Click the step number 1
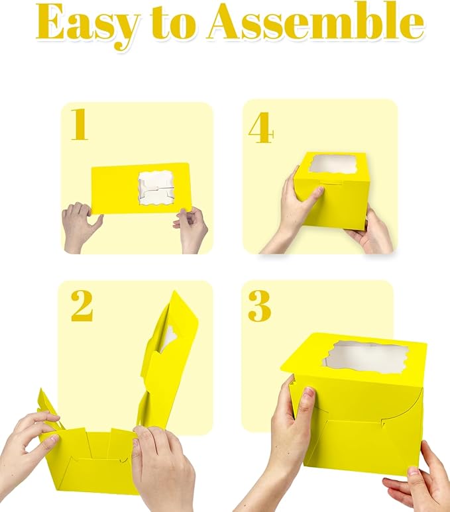point(80,125)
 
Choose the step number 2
point(82,306)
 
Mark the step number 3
point(259,305)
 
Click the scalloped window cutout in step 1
point(156,188)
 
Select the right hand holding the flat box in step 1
point(192,229)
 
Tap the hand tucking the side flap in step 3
point(285,437)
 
